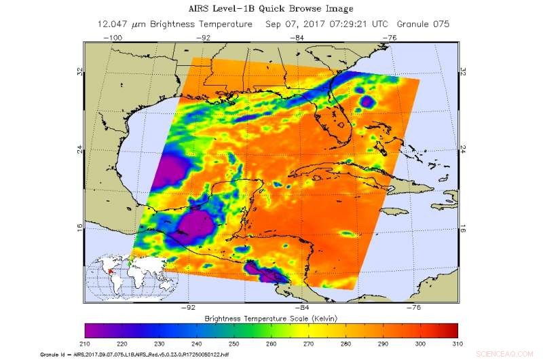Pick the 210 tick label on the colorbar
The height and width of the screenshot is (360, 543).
point(86,344)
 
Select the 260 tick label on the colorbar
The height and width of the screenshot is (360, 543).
point(271,344)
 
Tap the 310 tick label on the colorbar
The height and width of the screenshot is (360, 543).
point(457,344)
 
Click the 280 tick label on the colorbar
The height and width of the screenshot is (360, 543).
point(346,344)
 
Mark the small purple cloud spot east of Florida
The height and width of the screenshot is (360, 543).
point(367,102)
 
